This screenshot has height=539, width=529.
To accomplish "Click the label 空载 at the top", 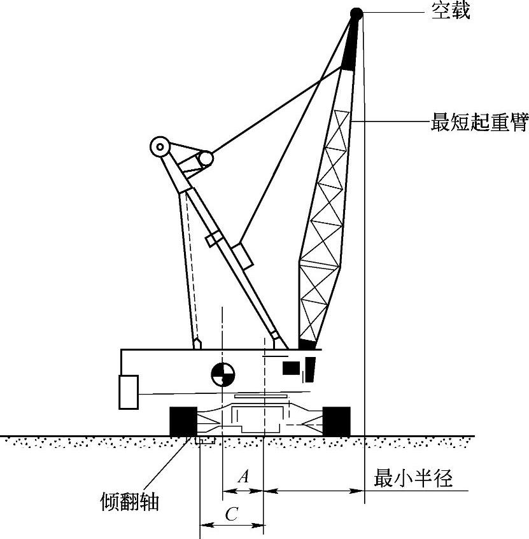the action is coord(451,11).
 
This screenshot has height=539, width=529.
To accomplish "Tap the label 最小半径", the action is coord(413,478).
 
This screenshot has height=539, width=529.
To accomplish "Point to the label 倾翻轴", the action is coord(130,503).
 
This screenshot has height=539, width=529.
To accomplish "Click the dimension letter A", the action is coord(242,476).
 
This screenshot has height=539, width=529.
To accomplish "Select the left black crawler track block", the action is coord(183,421).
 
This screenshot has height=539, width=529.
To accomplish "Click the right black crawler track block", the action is coord(336,421).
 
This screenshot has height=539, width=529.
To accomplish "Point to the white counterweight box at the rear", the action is coord(129,392).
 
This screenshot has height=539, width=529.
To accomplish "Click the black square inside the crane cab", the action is coord(291,368).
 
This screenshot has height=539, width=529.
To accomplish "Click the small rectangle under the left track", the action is coord(206,440).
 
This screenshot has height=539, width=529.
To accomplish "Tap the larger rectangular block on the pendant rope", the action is coord(242,256).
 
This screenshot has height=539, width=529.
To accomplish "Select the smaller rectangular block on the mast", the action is coord(213,239).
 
